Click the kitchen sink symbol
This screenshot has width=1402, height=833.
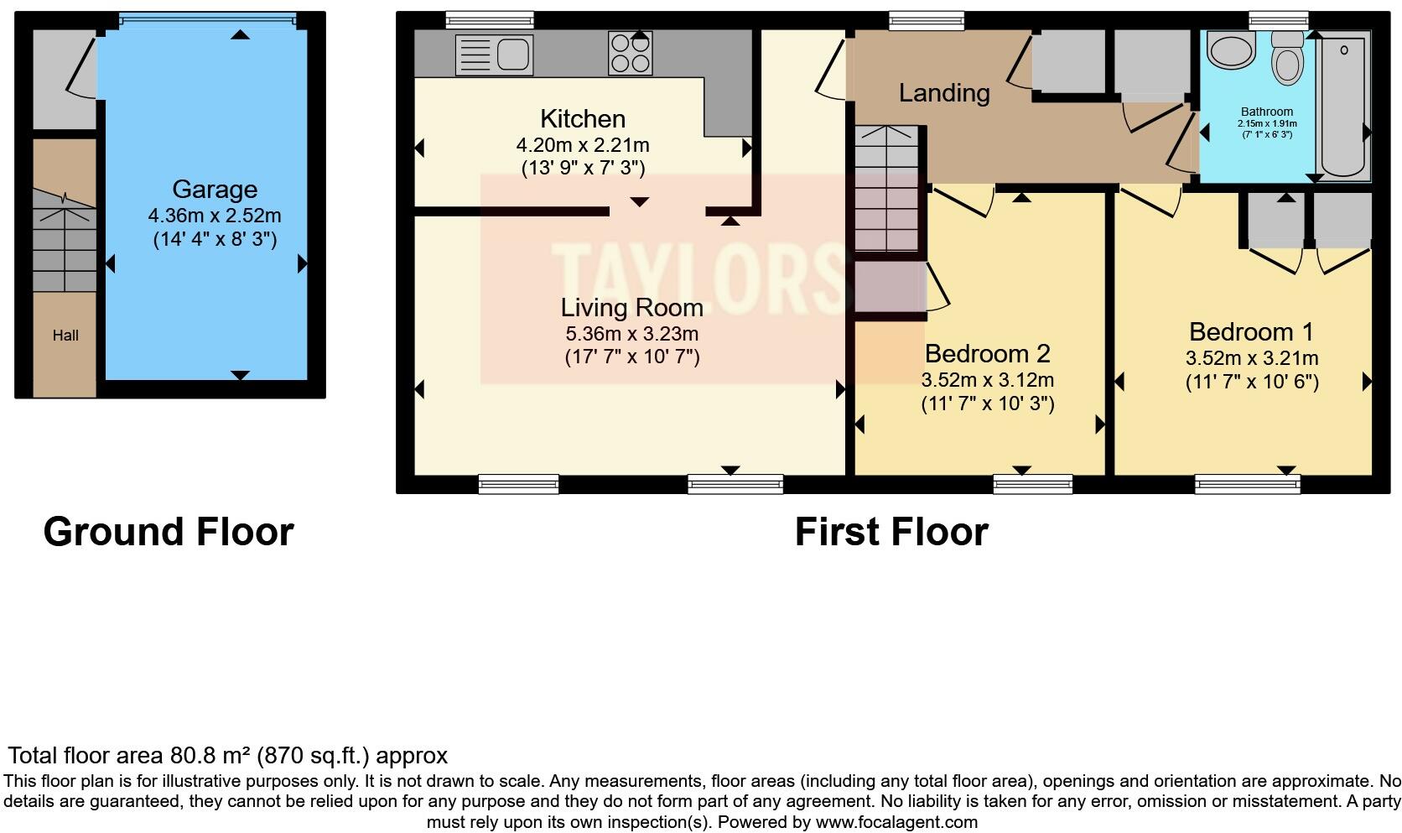[x=494, y=55]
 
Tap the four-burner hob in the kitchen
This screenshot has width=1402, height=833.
[x=631, y=54]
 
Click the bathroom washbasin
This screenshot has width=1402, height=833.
[x=1231, y=51]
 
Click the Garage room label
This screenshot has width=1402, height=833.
[x=215, y=190]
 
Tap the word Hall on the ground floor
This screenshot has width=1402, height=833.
[x=65, y=336]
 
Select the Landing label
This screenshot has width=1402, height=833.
[x=944, y=92]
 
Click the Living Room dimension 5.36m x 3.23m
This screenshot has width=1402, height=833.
[x=631, y=333]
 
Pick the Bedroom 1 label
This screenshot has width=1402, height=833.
[x=1251, y=331]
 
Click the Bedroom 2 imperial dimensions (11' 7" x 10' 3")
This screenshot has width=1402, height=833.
[x=988, y=403]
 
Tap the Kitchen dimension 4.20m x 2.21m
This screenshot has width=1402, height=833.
[x=583, y=145]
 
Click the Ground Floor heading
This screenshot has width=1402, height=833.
[x=169, y=532]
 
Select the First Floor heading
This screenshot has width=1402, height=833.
[x=891, y=532]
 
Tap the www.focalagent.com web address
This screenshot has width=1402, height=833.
[x=896, y=821]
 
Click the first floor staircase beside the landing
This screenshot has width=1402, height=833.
[x=888, y=189]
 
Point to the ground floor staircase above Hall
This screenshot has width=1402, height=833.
[x=65, y=239]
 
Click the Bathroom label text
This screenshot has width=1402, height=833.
[x=1266, y=112]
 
